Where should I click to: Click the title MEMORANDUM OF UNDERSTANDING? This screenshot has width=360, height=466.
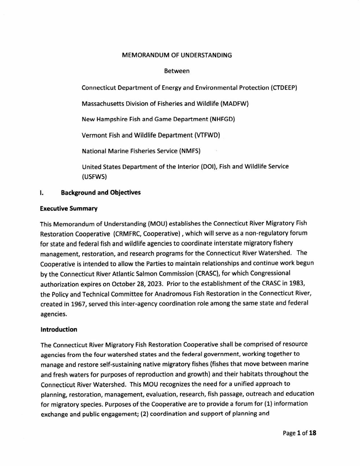177,55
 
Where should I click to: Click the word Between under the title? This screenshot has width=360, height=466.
177,71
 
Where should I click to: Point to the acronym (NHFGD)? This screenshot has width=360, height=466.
222,119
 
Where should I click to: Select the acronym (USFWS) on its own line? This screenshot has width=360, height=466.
94,177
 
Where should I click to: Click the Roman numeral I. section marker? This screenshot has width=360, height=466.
42,193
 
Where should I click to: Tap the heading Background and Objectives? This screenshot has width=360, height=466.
101,193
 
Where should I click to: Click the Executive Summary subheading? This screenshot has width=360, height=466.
69,209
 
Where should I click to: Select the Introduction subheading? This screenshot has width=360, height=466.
59,329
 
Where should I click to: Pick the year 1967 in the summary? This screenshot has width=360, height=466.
79,304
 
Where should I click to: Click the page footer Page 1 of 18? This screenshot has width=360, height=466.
299,433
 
